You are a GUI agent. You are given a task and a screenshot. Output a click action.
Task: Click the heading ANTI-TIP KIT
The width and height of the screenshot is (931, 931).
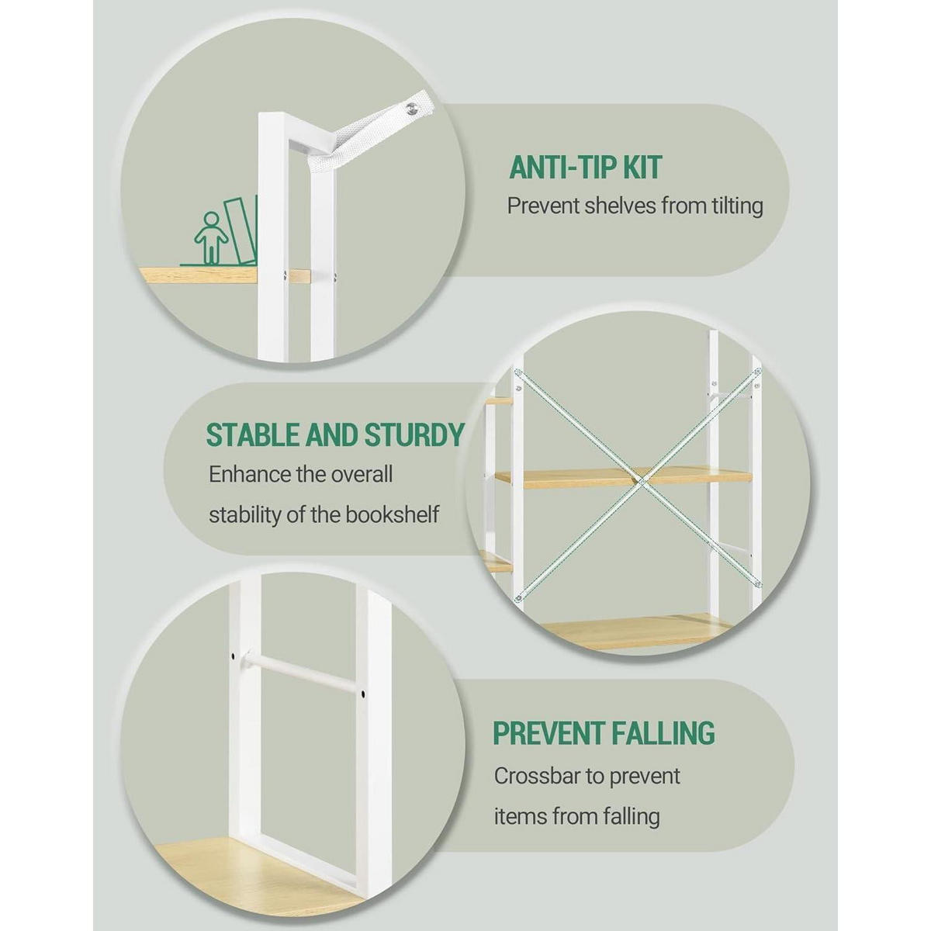(x=585, y=168)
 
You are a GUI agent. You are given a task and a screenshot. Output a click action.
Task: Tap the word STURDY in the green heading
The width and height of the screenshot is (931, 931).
(x=414, y=434)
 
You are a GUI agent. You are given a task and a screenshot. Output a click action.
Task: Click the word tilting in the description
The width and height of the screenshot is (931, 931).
(x=738, y=206)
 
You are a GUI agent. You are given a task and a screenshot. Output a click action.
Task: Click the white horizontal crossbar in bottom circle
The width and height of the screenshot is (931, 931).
(x=297, y=674)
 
